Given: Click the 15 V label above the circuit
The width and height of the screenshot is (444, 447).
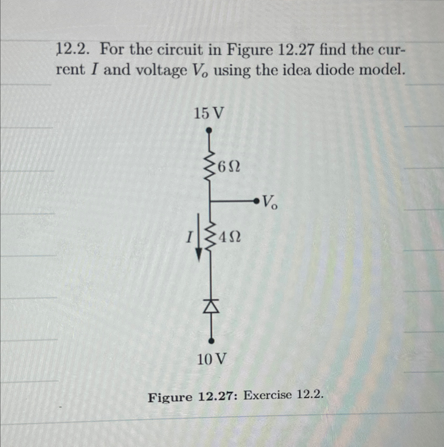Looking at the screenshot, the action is [209, 114].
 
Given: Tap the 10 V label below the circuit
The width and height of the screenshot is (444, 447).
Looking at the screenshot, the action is [212, 359].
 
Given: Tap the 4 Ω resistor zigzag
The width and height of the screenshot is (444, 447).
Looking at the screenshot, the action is [210, 237].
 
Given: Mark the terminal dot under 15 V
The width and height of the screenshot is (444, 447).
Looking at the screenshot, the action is [209, 130].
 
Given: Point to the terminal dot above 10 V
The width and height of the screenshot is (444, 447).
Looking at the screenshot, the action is [212, 341].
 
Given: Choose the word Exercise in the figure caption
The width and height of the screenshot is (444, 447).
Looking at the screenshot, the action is [268, 396].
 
